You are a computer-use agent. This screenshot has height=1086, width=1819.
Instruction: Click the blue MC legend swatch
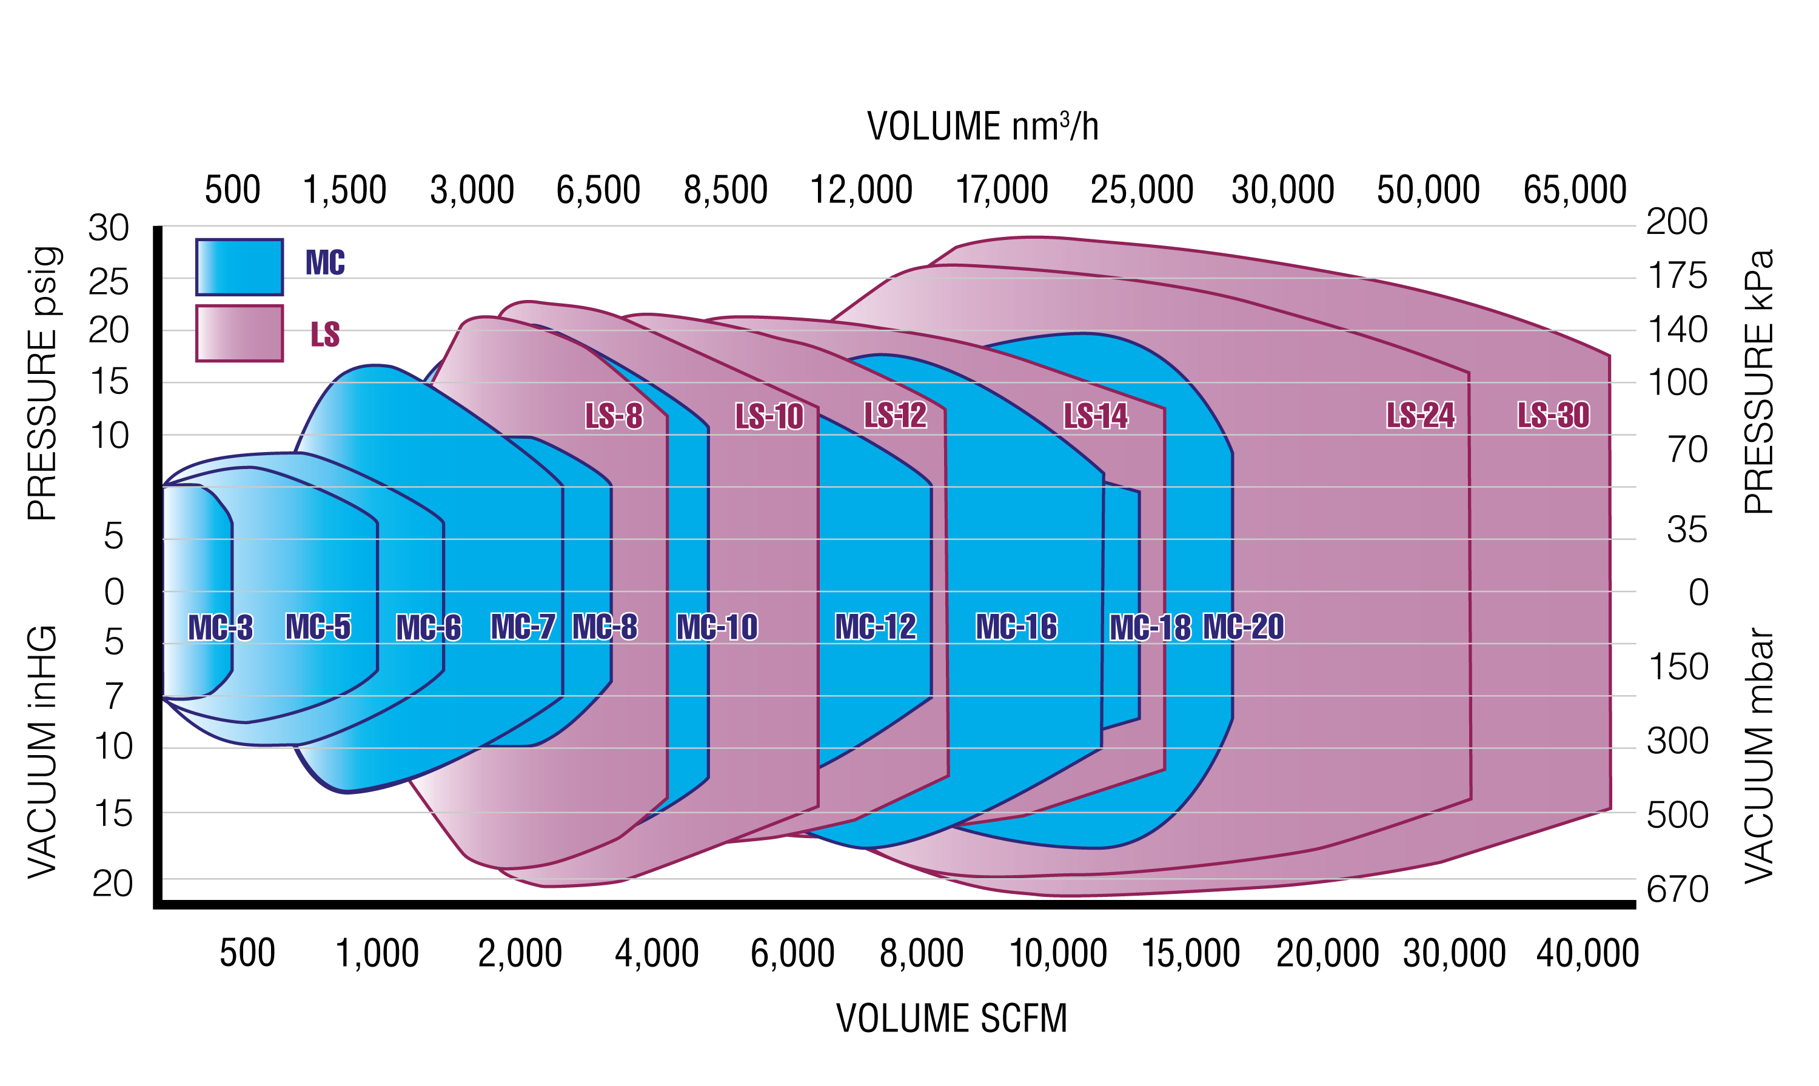[240, 267]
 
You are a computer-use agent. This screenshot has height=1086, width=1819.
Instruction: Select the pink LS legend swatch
[240, 333]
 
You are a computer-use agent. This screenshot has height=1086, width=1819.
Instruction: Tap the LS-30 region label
[1553, 415]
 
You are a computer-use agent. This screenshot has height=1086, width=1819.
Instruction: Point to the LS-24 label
[1420, 415]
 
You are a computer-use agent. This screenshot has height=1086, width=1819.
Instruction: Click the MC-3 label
[220, 627]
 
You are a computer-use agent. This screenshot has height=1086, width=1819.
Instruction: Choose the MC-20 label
[1243, 627]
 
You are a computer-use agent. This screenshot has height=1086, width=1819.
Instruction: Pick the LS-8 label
[614, 416]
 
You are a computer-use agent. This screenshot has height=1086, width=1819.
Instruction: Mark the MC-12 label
[876, 627]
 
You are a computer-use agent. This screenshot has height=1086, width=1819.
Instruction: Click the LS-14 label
[1095, 415]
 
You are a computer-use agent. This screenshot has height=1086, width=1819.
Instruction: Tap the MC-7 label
[523, 627]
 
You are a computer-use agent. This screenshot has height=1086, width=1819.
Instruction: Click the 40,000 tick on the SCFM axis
[1587, 953]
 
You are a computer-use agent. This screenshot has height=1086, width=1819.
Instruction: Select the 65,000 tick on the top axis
[1575, 190]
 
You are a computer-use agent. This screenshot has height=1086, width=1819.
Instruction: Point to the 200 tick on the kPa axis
[1677, 221]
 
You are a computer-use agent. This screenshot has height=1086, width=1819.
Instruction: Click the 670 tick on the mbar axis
[1677, 890]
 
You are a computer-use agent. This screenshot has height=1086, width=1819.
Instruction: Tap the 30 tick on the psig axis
[109, 228]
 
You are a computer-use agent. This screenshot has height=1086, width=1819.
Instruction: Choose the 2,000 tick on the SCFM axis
[520, 953]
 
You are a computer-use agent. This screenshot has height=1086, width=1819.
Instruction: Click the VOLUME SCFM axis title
[951, 1018]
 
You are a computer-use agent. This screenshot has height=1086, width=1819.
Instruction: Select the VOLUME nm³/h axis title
[982, 127]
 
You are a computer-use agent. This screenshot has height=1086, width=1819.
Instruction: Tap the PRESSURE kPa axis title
[1758, 381]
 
